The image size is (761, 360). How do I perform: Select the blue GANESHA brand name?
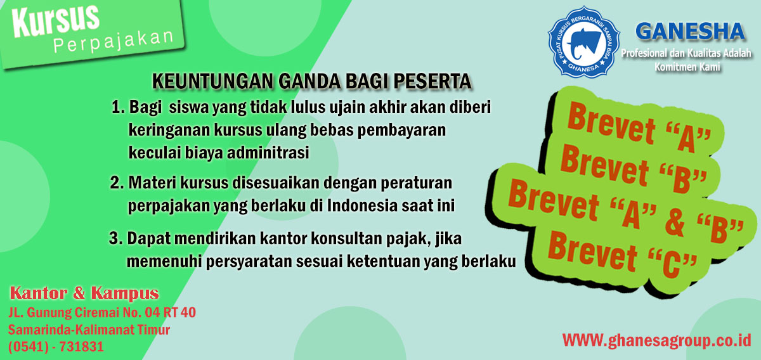[x=690, y=32]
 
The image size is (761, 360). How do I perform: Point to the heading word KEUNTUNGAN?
[x=212, y=81]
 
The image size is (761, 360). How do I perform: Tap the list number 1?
[x=118, y=107]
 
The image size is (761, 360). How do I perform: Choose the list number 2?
[x=117, y=183]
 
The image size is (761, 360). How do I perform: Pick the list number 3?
[x=115, y=238]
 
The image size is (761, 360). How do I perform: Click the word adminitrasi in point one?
[x=268, y=153]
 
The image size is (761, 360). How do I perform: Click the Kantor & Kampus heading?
[x=84, y=293]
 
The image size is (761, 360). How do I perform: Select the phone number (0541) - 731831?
[x=56, y=347]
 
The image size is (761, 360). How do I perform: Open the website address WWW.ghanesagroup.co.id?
[x=656, y=340]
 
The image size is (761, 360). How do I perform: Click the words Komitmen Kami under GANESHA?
[x=687, y=67]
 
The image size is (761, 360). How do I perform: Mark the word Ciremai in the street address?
[x=96, y=312]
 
